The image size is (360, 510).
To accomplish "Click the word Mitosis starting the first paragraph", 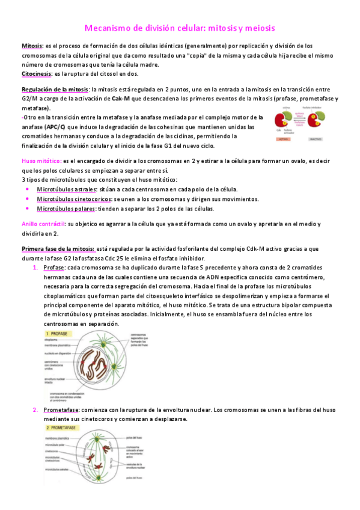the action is (x=32, y=46).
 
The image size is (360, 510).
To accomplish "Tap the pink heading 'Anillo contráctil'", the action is (x=43, y=224).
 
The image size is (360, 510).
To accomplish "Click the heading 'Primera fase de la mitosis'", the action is (x=58, y=248).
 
